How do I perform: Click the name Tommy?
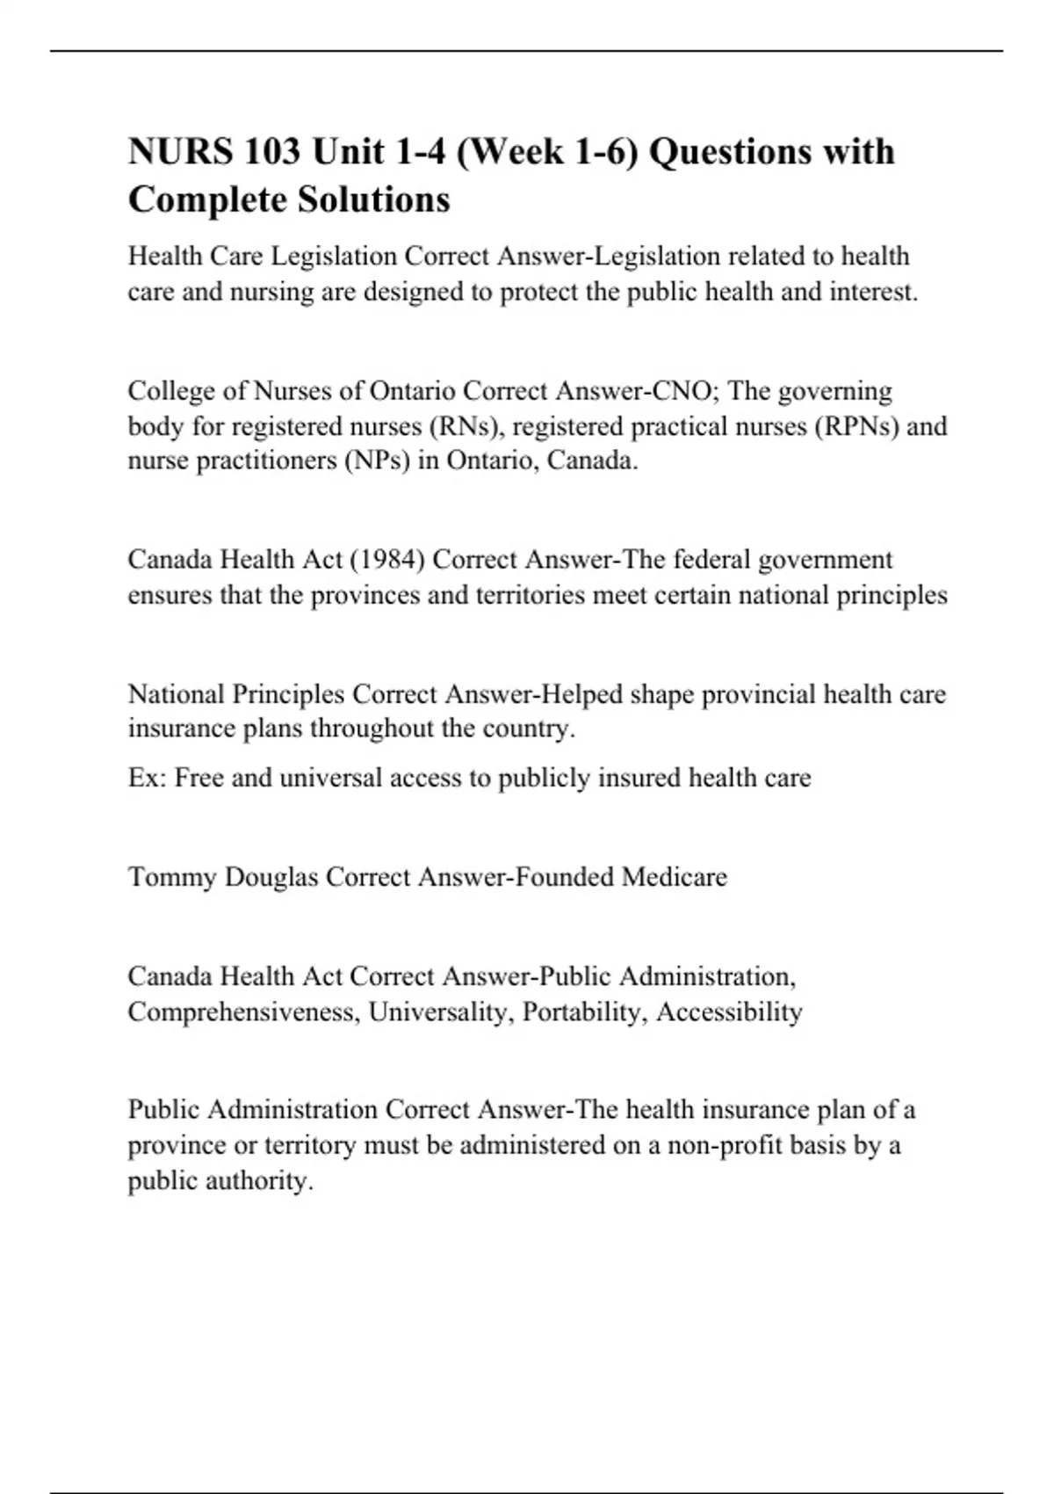pos(172,877)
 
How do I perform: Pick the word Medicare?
pos(674,877)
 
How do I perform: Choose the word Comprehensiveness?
pos(243,1012)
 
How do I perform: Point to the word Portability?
pos(584,1012)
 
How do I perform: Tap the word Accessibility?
pos(729,1012)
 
